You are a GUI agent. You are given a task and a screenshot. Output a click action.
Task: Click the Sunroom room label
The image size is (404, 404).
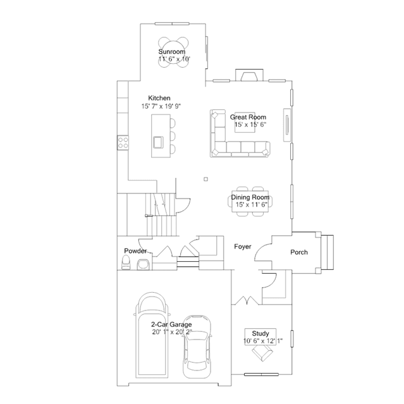[x=171, y=52]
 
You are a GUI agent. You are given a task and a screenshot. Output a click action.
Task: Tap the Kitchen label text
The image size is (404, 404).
[x=159, y=98]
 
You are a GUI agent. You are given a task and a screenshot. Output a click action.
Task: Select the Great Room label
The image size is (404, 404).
[x=248, y=117]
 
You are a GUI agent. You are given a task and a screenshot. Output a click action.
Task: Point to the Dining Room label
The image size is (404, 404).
[x=250, y=197]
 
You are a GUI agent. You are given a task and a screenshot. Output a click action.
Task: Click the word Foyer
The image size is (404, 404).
[x=242, y=247]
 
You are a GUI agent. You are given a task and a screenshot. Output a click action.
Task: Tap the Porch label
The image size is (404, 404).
[x=299, y=252]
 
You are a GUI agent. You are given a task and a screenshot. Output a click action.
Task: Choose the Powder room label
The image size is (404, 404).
[x=135, y=251]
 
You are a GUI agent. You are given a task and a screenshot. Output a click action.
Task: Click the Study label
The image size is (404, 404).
[x=260, y=334]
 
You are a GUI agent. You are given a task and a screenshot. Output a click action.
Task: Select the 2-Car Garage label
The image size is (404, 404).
[x=171, y=324]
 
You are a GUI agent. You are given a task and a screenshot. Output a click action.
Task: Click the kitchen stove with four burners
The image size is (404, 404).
[x=123, y=143]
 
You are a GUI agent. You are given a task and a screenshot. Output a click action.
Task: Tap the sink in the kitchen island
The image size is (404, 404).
[x=158, y=142]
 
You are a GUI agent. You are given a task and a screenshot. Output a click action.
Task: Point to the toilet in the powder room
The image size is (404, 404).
[x=126, y=262]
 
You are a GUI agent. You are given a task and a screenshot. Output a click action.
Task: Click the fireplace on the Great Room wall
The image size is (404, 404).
[x=249, y=75]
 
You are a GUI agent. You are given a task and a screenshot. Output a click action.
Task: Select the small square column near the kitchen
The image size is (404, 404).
[x=205, y=179]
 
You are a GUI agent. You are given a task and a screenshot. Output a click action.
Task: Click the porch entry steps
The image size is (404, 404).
[x=327, y=252]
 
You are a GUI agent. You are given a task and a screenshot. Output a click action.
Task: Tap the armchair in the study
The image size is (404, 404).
[x=262, y=352]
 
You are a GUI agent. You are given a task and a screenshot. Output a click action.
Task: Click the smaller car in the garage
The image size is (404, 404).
[x=197, y=346]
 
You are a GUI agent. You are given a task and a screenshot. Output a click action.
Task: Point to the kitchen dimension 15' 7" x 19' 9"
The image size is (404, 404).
[x=161, y=106]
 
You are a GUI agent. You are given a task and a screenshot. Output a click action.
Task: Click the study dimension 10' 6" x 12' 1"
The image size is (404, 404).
[x=263, y=341]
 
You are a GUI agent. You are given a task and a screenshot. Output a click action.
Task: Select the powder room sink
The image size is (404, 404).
[x=144, y=264]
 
